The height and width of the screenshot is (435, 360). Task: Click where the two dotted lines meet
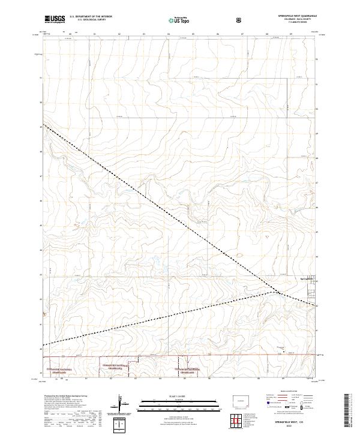278,293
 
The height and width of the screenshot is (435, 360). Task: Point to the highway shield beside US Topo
240,20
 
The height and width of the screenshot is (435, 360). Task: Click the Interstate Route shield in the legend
268,406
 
